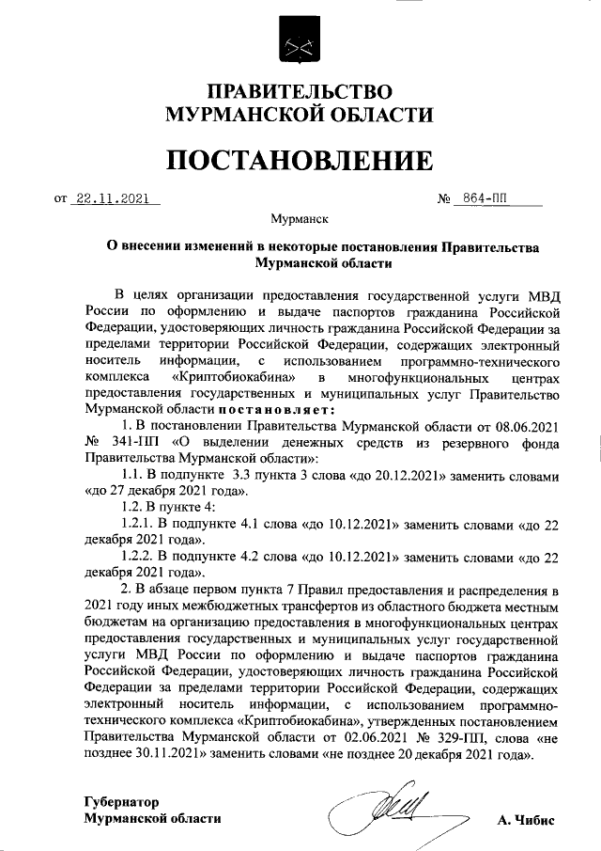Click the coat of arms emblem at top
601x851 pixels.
point(300,43)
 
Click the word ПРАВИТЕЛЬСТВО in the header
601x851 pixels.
point(300,92)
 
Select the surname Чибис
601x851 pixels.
point(536,820)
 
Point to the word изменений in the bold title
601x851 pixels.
point(217,246)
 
